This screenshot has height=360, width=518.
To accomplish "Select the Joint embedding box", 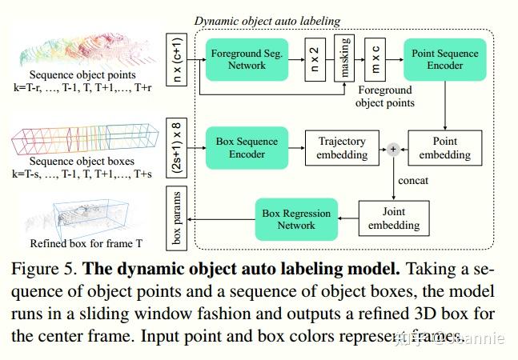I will pyautogui.click(x=393, y=217).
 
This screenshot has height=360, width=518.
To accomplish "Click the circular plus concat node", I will pyautogui.click(x=393, y=148).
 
